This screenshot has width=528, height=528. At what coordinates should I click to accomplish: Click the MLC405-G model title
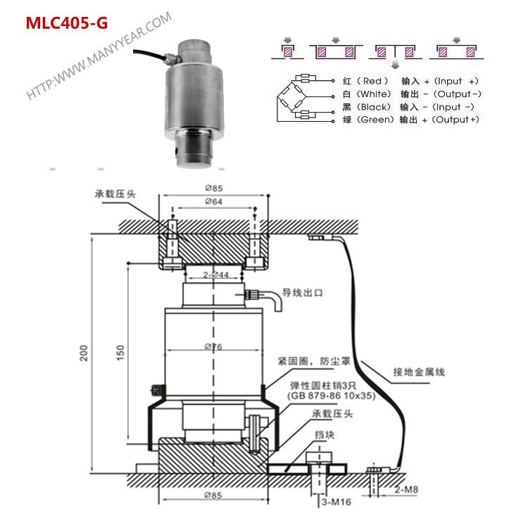tap(67, 23)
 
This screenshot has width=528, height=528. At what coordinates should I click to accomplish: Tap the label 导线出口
tap(303, 292)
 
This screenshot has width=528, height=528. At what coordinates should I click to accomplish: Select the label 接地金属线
tap(418, 371)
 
